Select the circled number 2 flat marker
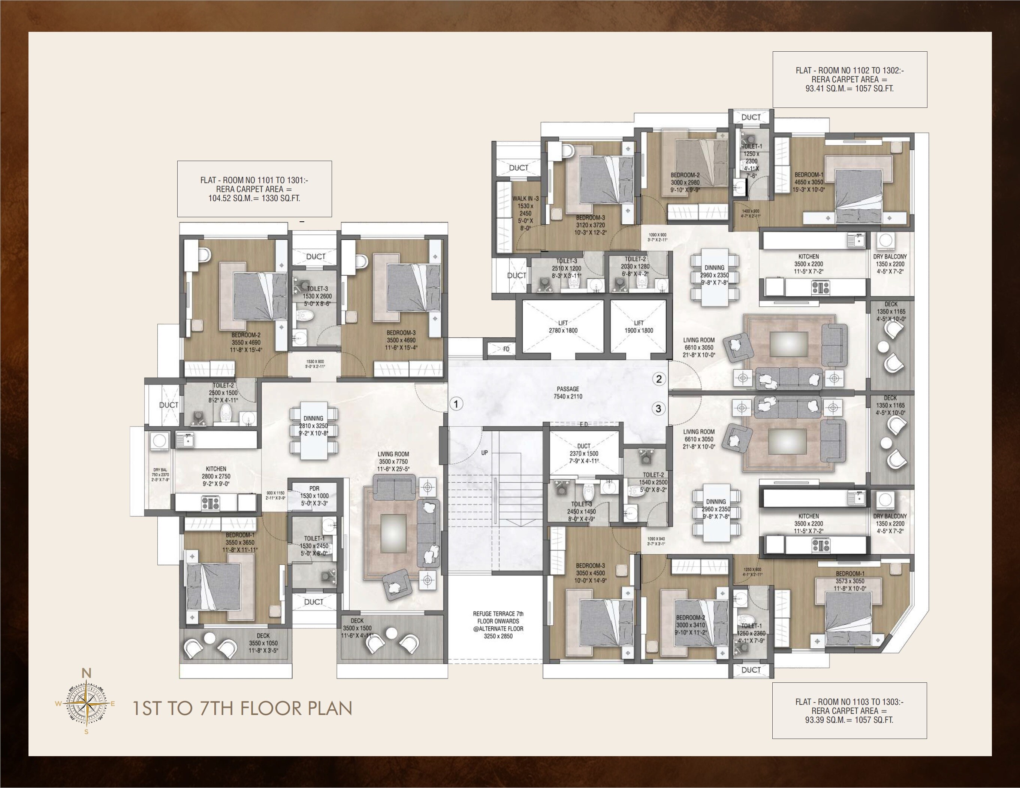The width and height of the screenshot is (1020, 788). [658, 379]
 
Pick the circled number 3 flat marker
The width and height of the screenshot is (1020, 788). [658, 409]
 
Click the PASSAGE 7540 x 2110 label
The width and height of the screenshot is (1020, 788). [568, 393]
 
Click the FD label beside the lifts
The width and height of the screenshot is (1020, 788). [506, 349]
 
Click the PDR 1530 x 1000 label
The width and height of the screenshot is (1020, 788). [314, 492]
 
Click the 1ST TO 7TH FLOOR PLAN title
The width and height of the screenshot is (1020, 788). [242, 708]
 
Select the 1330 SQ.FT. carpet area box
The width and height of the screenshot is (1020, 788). [254, 189]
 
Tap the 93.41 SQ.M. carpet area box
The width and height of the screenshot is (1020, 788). [850, 79]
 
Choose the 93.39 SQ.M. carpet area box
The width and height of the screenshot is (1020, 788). [849, 710]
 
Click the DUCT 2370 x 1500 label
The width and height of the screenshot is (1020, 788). [583, 453]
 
